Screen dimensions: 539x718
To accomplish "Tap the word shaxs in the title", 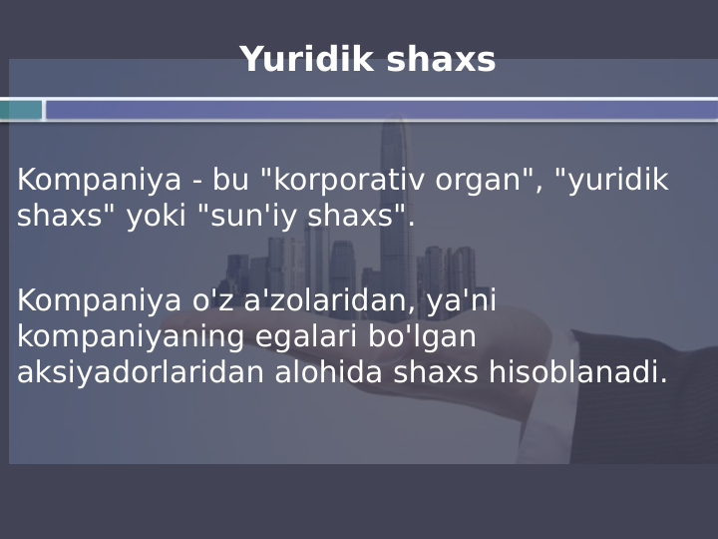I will click(x=440, y=60).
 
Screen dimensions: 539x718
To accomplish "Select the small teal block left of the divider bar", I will click(x=21, y=110).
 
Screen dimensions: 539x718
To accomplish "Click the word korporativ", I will click(x=342, y=181).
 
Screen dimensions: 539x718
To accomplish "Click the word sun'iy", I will click(x=264, y=217).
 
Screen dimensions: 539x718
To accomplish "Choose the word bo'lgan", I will click(x=422, y=336).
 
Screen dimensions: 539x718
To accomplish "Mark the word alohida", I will click(x=329, y=372).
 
